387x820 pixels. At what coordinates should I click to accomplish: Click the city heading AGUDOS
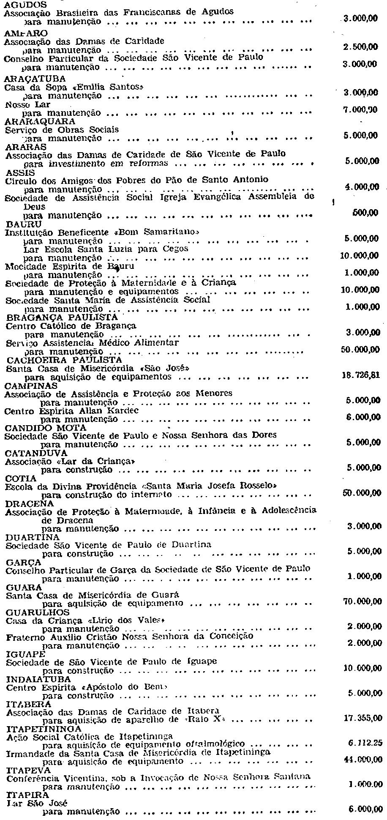click(x=25, y=5)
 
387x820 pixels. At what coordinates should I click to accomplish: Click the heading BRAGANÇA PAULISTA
click(x=61, y=317)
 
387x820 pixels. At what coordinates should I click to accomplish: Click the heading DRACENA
click(x=30, y=503)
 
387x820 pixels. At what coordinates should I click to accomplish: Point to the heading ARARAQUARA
click(x=39, y=121)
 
